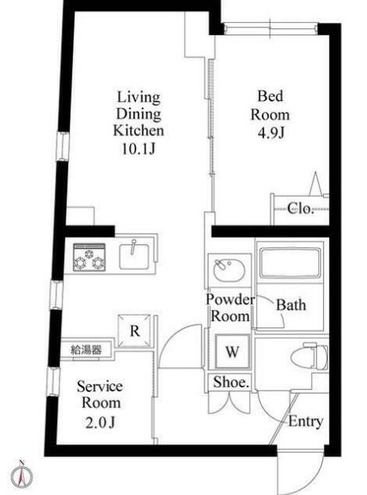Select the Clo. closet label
tap(299, 209)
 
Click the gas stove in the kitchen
tap(90, 257)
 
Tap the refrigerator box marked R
tap(134, 331)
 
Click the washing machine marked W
tap(232, 352)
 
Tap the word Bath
tap(290, 305)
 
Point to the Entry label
tap(305, 421)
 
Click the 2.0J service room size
tap(100, 423)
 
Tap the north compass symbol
tap(22, 475)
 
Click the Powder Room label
tap(229, 308)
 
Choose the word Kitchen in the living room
tap(138, 130)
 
